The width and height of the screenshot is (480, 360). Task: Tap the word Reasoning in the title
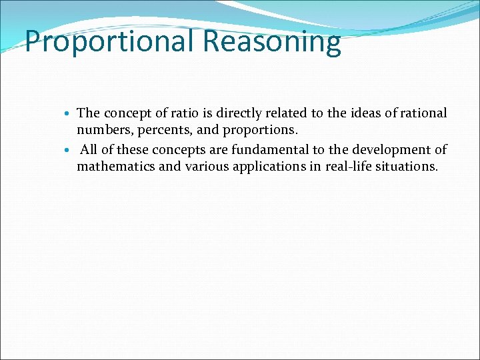(272, 42)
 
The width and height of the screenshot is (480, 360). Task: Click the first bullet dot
(70, 115)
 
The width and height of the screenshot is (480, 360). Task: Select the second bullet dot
(70, 151)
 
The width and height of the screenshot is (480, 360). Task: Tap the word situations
(409, 167)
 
